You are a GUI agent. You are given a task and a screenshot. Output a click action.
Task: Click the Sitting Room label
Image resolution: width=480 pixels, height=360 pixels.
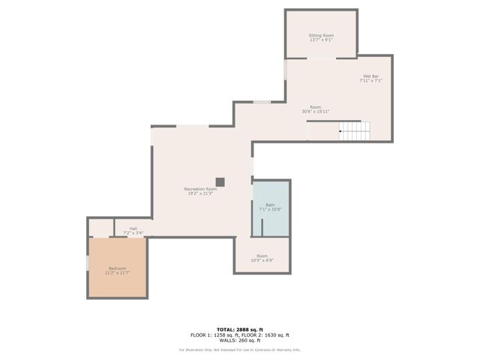[321, 35]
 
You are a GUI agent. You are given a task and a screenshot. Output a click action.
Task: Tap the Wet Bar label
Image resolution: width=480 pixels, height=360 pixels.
[370, 76]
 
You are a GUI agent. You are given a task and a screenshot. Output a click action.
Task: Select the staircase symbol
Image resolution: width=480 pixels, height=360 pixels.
[354, 131]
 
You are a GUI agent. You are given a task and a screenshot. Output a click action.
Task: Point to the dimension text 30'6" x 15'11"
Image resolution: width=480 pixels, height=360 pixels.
[316, 112]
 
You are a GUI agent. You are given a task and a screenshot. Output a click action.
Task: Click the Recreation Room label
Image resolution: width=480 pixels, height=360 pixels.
[200, 189]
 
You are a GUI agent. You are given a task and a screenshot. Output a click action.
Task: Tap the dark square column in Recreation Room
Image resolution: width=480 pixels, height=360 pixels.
[220, 181]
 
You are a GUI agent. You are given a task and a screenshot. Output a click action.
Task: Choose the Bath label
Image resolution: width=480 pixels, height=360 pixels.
[269, 205]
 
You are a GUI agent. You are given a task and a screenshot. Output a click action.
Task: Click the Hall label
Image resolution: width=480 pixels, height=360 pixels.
[133, 229]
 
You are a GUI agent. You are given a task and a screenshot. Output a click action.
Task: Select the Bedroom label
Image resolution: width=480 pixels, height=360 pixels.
[117, 268]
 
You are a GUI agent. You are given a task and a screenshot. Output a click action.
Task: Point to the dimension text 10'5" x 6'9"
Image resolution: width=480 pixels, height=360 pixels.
[262, 261]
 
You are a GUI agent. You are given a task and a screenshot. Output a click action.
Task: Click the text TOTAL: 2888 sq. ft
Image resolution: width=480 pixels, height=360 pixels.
[239, 329]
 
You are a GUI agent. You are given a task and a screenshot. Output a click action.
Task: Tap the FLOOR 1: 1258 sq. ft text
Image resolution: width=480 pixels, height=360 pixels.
[214, 335]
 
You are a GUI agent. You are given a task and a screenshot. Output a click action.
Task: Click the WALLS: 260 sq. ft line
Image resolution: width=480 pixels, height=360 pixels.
[239, 341]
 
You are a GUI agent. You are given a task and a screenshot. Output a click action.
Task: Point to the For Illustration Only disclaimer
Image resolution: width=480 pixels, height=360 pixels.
[239, 350]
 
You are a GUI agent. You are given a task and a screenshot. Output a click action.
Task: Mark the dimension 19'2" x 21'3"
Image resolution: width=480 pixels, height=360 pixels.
[200, 194]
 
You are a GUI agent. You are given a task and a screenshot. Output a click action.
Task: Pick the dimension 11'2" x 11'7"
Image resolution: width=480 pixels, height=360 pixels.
[117, 273]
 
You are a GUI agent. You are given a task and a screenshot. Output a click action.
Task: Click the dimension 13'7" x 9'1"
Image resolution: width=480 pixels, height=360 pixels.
[321, 40]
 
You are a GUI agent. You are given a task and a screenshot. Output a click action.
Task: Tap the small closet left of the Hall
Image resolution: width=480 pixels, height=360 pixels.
[100, 227]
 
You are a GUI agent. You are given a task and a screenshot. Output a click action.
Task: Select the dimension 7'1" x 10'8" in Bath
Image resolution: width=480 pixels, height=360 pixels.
[269, 209]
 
